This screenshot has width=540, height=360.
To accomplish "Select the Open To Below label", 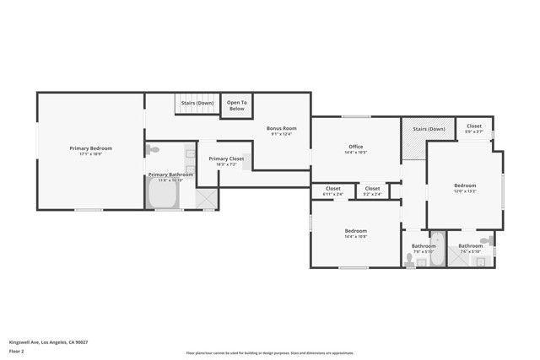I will point(236,105).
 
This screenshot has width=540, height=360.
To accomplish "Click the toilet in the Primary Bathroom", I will point(153,150).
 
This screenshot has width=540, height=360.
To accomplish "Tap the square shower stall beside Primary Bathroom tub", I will point(205,197).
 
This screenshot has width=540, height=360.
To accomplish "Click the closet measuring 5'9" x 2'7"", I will point(474,128).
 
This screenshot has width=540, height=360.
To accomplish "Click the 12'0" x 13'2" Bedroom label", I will point(465,187).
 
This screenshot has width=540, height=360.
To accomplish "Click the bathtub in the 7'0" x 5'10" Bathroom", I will point(437,250).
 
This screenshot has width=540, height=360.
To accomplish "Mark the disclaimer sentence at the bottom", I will point(270,352).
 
